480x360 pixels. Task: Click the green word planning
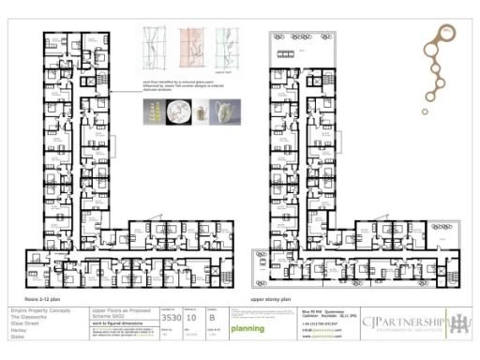(247, 328)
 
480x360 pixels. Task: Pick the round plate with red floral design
(177, 112)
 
